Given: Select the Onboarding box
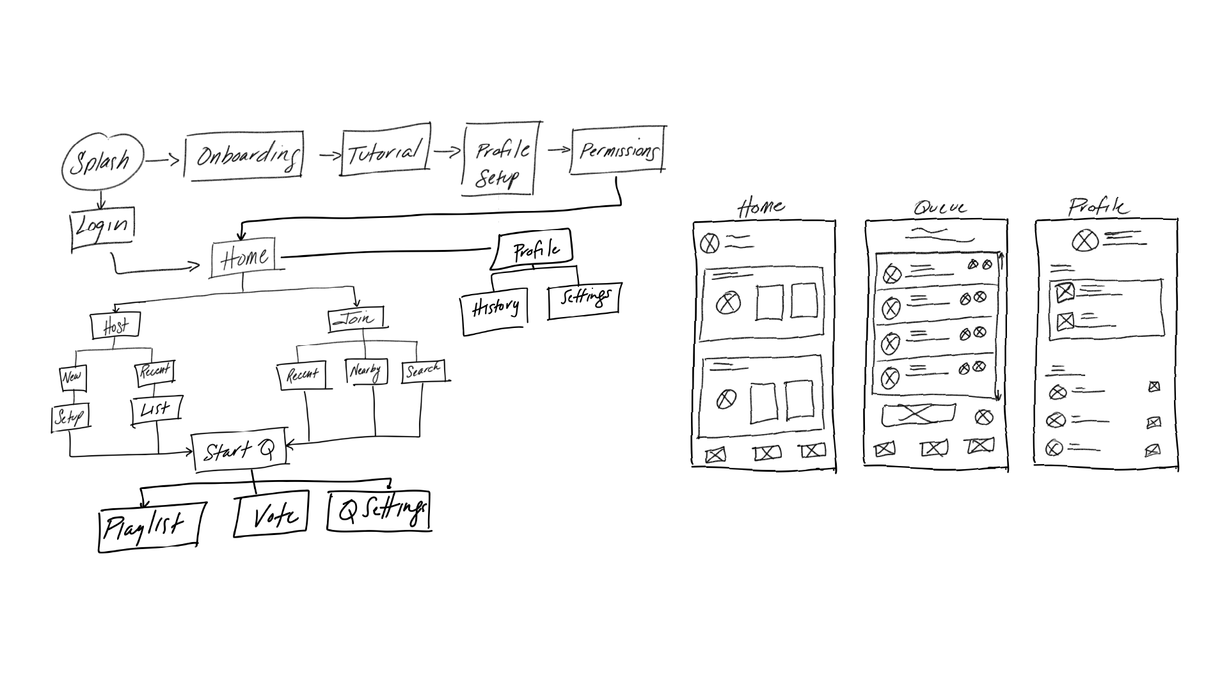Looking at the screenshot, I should [x=244, y=155].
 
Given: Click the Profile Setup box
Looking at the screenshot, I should [x=500, y=160].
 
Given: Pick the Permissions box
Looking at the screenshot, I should [x=617, y=151].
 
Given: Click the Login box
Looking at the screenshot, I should [x=102, y=228].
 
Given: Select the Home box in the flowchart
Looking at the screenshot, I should [x=244, y=258].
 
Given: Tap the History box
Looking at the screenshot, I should [x=495, y=311].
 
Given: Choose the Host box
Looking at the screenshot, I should [x=115, y=326].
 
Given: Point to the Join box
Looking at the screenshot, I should [x=356, y=319].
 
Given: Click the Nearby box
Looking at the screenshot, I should [x=365, y=371].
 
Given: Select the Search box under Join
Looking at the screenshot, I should [x=423, y=371].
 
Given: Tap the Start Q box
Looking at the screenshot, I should [x=241, y=451].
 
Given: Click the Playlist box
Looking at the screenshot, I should [x=148, y=527].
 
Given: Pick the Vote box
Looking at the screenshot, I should [x=273, y=514].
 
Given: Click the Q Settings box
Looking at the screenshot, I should [x=379, y=511].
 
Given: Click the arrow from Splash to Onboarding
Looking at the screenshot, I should [x=163, y=160].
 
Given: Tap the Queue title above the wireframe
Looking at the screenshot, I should [x=939, y=208].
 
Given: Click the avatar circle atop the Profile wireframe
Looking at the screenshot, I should [x=1084, y=241].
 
